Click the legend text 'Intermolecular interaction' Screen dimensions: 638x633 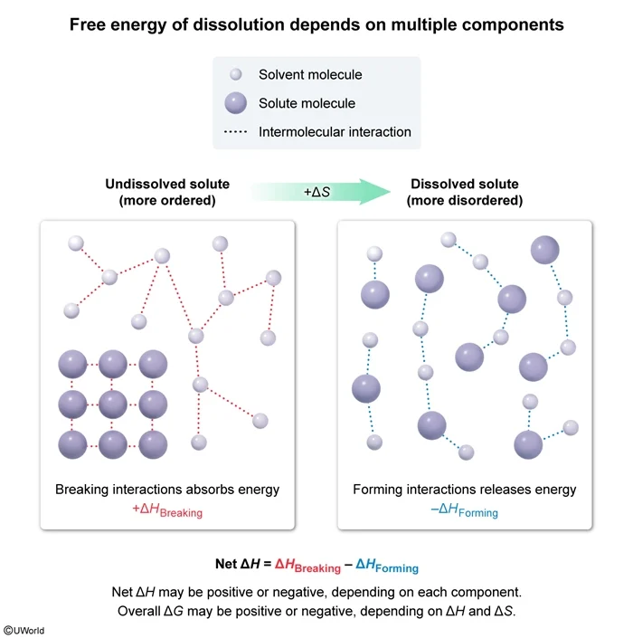[335, 132]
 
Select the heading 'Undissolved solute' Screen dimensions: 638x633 [167, 184]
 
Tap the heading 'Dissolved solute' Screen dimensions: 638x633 [465, 184]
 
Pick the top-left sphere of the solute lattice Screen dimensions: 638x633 [71, 365]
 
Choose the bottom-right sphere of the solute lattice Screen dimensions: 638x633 [153, 444]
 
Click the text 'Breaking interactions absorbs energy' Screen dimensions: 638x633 [167, 490]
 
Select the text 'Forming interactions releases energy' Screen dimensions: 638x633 [464, 490]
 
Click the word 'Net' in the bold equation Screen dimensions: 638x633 [226, 565]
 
